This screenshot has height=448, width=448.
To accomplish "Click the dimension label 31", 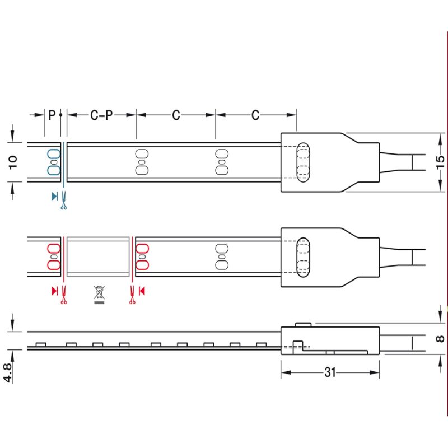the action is point(330,372).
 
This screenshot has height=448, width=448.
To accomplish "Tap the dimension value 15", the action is point(440,162).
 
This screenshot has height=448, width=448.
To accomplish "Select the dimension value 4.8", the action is point(8,372).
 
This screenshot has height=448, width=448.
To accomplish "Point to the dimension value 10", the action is point(13,162).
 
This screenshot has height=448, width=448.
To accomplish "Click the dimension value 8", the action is point(440,339).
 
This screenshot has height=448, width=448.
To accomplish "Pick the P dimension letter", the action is point(52,115).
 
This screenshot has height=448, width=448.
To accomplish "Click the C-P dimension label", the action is point(101,115).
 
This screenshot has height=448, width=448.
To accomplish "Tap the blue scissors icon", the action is point(64,200).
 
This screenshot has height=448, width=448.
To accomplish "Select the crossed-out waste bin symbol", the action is point(99,295).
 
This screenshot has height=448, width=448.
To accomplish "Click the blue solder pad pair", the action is point(54,162).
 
